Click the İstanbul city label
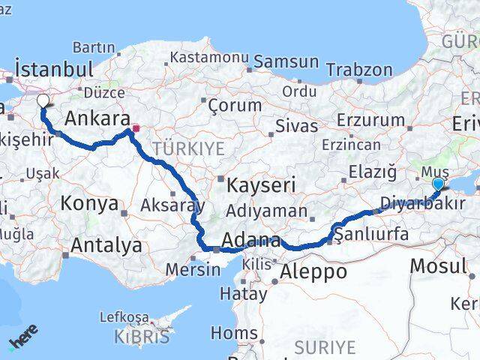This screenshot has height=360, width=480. pos(54,69)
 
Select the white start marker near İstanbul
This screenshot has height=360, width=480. pos(43,100)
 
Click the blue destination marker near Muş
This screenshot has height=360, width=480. pos(438,183)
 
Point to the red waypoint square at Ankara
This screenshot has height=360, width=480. pos(136,128)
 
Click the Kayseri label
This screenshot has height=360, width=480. pos(253,184)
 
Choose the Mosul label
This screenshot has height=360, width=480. pos(438,265)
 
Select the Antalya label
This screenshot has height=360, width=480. pos(106,244)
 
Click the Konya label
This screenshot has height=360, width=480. pos(89,203)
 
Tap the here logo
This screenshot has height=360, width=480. pos(23,337)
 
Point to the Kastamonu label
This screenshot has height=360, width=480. pos(209,57)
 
